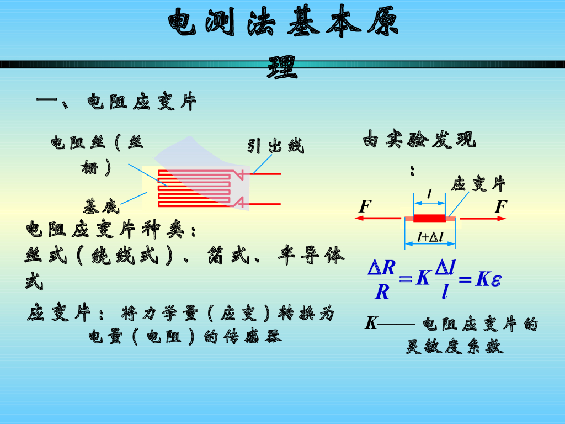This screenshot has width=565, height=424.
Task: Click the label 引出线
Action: coord(275,146)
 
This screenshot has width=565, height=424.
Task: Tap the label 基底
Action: coord(101,207)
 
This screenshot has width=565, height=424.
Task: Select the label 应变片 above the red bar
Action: coord(478,184)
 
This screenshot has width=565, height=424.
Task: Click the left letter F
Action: coord(365,207)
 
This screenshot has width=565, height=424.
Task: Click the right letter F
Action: coord(500,207)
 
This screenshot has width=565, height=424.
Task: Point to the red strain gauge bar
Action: coord(429,219)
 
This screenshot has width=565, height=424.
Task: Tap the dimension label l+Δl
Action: coord(430,237)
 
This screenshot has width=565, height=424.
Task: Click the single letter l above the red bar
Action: coord(429,193)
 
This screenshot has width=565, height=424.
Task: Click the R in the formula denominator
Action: coord(382,291)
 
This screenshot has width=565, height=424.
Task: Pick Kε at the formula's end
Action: coord(488,279)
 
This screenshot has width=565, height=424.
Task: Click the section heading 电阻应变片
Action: coord(142,102)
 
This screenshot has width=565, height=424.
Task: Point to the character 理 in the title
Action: coord(282,68)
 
